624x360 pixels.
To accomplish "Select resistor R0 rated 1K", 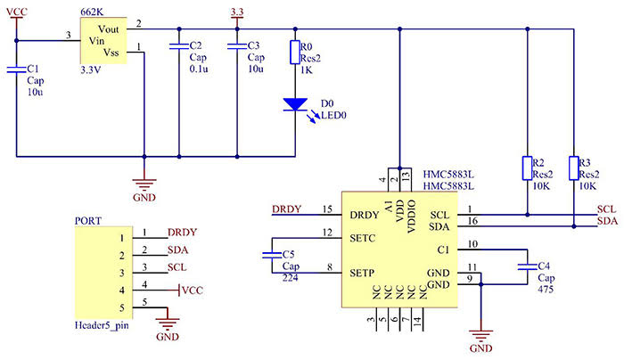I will click(295, 53).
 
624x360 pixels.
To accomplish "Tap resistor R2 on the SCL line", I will click(527, 168).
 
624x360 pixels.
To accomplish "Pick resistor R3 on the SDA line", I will click(574, 168).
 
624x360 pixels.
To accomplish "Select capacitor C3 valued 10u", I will click(236, 44).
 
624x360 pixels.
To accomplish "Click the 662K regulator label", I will click(90, 11).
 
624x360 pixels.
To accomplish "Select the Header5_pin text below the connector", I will click(103, 329).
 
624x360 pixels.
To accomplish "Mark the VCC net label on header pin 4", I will click(193, 290).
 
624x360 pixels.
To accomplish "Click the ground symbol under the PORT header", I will click(166, 323).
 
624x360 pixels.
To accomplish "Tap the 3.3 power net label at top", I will click(236, 12).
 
